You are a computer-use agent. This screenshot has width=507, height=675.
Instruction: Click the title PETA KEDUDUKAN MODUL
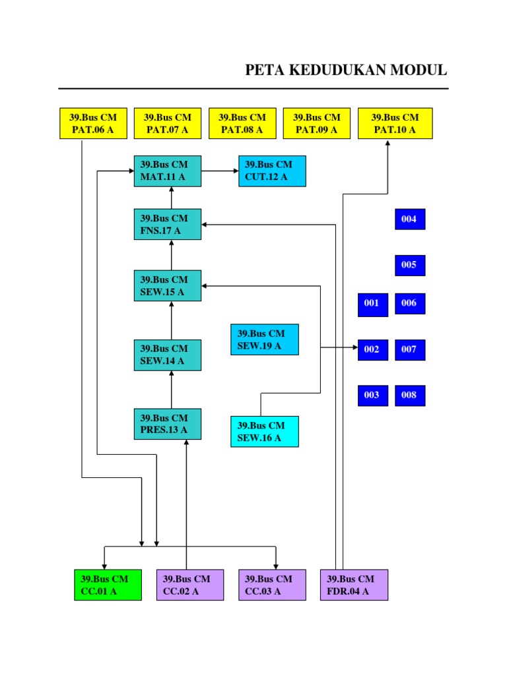[346, 70]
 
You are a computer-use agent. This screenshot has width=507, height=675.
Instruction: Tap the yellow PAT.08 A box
[242, 123]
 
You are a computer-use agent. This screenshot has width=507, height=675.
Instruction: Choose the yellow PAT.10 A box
[395, 123]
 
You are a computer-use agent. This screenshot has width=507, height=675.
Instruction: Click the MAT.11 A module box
[168, 171]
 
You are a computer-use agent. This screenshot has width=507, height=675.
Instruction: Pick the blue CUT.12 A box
[272, 171]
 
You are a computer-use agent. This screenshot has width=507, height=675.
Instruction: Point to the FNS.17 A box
[168, 224]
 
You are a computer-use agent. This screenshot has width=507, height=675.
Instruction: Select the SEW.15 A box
[168, 285]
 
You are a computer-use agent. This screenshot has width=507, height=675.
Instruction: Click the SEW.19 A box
[264, 339]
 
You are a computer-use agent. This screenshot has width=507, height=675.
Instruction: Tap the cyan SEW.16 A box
[264, 431]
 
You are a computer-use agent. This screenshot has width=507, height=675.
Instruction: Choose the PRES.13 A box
[168, 424]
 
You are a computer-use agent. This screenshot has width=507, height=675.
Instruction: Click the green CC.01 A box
[108, 585]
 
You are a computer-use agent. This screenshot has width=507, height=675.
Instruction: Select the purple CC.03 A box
[272, 585]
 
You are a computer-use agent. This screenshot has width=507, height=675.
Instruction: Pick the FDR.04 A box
[354, 585]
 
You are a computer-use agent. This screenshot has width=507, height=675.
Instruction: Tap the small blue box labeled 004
[409, 219]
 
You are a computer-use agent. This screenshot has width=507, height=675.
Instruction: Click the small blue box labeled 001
[372, 303]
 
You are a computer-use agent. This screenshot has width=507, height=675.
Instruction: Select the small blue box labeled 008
[409, 395]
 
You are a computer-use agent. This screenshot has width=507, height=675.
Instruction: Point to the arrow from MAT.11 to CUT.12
[220, 171]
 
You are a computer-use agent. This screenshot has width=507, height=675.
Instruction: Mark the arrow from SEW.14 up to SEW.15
[172, 320]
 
